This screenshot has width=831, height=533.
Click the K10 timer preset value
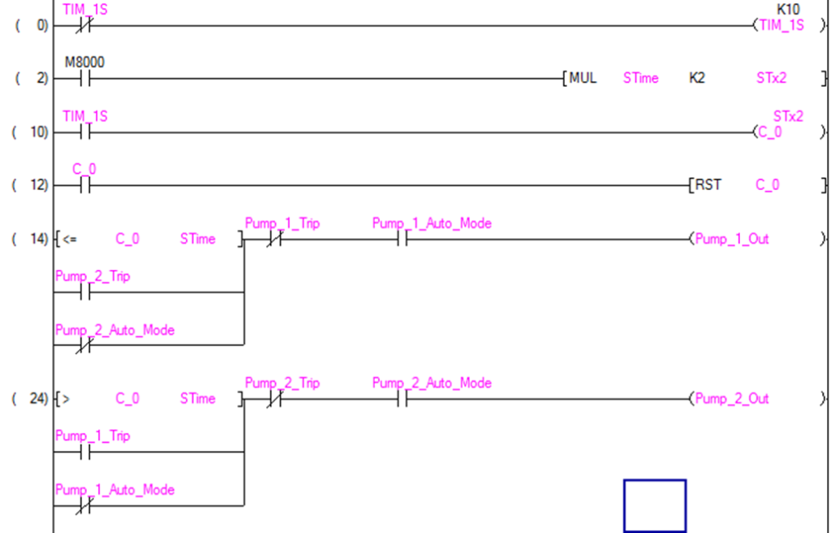788,10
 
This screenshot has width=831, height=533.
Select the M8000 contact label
84,63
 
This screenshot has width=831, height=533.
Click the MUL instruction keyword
583,79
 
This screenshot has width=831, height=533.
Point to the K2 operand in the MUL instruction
696,79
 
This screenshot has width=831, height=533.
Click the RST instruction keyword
708,185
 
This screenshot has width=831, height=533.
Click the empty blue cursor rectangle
654,505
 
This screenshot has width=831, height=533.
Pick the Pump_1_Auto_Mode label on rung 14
432,223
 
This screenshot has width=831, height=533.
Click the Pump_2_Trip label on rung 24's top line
282,383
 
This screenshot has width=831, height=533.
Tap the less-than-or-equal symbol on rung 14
70,240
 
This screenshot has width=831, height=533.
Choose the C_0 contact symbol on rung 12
84,185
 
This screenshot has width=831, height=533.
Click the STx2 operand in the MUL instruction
771,79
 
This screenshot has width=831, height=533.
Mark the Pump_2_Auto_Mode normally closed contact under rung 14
84,345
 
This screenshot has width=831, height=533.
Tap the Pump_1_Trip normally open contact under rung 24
84,452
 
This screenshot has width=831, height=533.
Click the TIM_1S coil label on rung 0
781,26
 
